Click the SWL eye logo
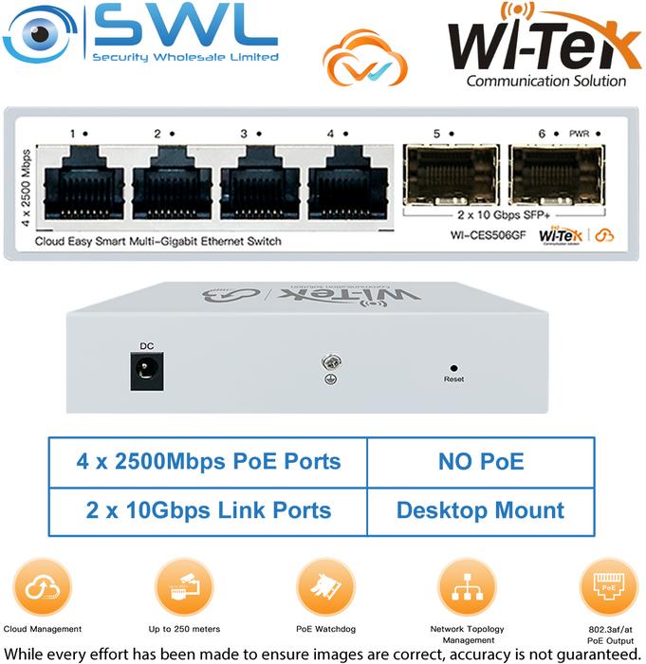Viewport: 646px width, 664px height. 39,35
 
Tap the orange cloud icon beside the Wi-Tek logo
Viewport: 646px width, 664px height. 364,59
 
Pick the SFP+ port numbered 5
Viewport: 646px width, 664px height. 452,175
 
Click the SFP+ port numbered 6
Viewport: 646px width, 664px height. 557,175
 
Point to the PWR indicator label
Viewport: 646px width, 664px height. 579,134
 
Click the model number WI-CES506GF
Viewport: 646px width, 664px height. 488,235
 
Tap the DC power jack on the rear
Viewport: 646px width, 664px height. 147,371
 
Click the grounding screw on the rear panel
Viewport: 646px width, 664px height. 331,362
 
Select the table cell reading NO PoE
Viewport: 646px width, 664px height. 481,463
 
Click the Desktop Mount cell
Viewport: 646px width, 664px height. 481,511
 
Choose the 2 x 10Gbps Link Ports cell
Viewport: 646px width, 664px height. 208,511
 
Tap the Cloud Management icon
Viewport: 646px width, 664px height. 43,587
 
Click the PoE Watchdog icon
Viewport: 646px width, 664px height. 325,587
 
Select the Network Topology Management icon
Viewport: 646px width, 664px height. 467,587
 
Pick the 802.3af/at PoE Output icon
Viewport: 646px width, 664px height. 609,587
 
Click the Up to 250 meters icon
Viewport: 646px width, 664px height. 184,587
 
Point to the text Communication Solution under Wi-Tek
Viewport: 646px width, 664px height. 546,81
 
